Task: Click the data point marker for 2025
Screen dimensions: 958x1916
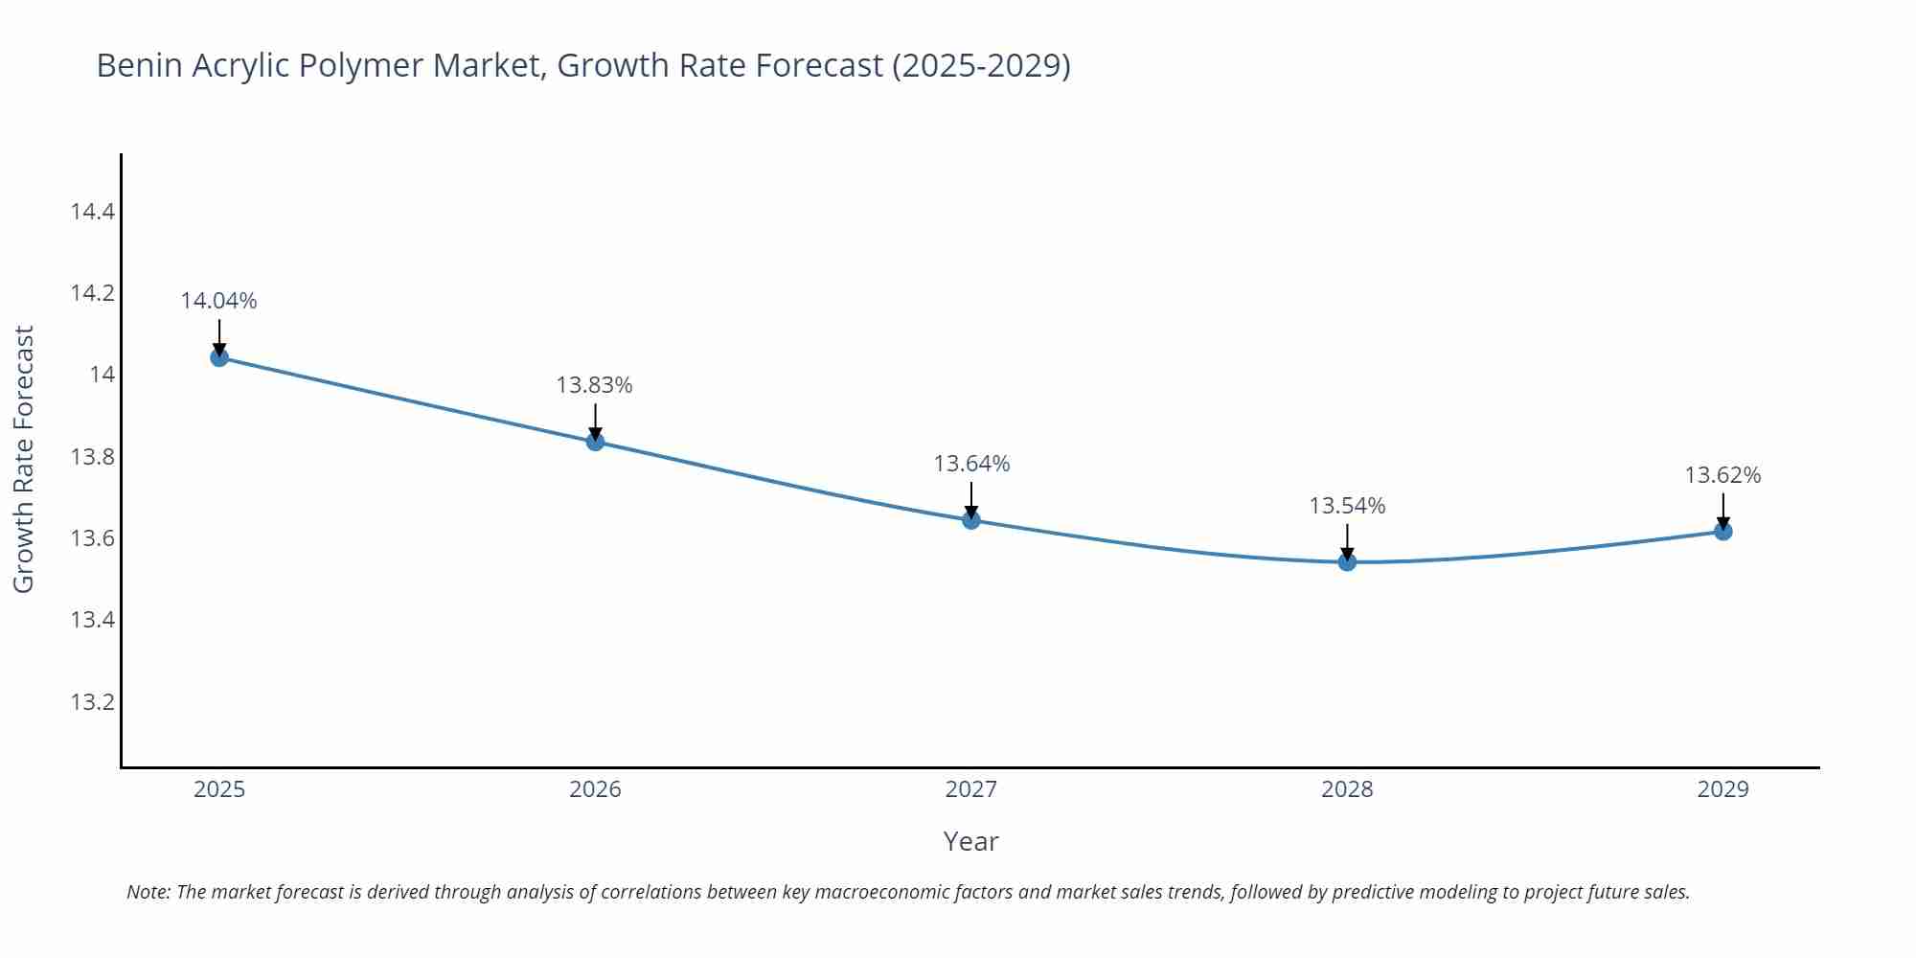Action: coord(219,357)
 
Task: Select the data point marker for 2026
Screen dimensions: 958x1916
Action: coord(595,442)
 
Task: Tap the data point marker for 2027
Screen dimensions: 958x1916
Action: coord(971,520)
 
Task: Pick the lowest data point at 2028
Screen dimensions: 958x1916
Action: coord(1347,561)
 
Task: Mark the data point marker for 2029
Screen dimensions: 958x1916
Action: coord(1722,531)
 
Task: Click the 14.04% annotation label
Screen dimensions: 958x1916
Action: coord(218,301)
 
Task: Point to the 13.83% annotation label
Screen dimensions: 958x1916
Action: coord(594,385)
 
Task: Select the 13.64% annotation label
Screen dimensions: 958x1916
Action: coord(971,464)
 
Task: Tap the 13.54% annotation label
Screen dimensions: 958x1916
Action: coord(1347,506)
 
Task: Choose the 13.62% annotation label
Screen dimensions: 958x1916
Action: coord(1722,475)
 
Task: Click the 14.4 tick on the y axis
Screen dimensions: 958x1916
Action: coord(92,211)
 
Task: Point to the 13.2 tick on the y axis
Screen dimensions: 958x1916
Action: coord(92,702)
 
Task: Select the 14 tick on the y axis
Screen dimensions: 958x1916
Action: coord(102,375)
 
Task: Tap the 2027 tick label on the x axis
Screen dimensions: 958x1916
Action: coord(971,789)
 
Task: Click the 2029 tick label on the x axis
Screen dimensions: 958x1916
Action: coord(1722,789)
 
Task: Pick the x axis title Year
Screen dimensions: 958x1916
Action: coord(970,841)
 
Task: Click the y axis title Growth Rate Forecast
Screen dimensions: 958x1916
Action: coord(24,459)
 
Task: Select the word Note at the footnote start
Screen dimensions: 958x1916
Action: coord(148,892)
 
